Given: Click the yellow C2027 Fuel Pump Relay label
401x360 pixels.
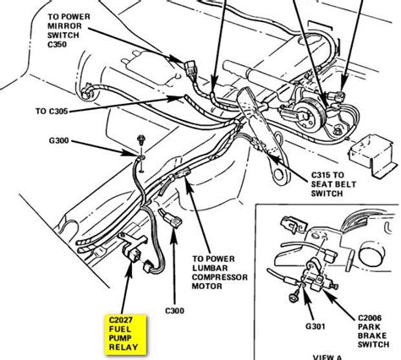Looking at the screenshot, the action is [125, 334].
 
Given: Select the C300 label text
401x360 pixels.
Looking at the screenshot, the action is [174, 311].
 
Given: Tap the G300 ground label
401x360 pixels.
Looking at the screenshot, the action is [59, 140].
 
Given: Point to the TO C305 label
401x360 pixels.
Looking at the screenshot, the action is [52, 112].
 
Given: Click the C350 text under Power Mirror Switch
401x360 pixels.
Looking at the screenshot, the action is [58, 45].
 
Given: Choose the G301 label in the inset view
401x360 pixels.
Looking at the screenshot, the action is [316, 326].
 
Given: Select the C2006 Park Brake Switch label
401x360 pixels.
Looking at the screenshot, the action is [374, 331].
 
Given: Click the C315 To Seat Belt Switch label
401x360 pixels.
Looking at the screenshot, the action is [333, 184].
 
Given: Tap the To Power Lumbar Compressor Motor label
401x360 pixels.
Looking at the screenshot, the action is [220, 272].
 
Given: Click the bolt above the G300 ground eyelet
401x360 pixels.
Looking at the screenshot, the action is [140, 139].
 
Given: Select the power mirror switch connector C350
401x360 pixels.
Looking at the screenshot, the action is [190, 68].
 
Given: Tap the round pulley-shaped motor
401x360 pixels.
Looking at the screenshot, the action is [310, 115].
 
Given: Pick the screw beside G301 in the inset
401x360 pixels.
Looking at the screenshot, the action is [294, 297].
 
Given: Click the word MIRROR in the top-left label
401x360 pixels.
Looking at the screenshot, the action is [64, 26].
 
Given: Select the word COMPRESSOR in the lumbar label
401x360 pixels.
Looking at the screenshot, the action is [220, 277].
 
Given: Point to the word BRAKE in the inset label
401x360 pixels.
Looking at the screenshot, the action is [372, 335].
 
